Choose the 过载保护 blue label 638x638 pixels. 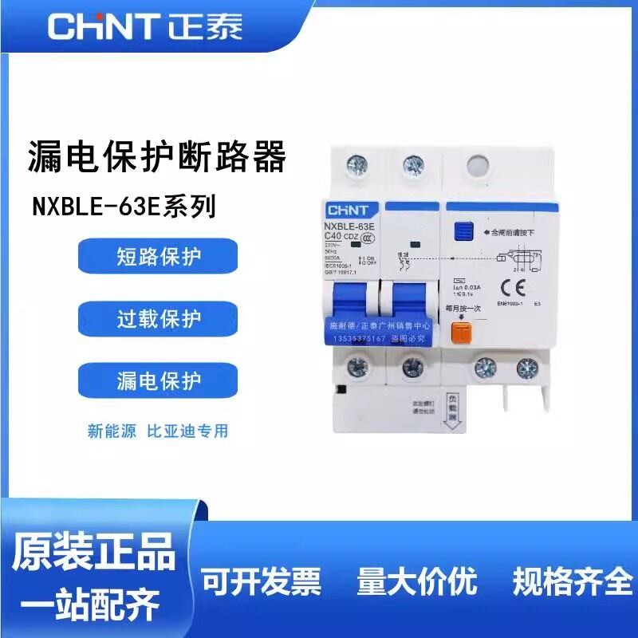pyautogui.click(x=158, y=319)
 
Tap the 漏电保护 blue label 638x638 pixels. pyautogui.click(x=158, y=380)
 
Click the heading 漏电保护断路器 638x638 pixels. pyautogui.click(x=156, y=156)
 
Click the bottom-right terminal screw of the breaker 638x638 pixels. pyautogui.click(x=525, y=368)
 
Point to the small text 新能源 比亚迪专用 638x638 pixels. pyautogui.click(x=158, y=431)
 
